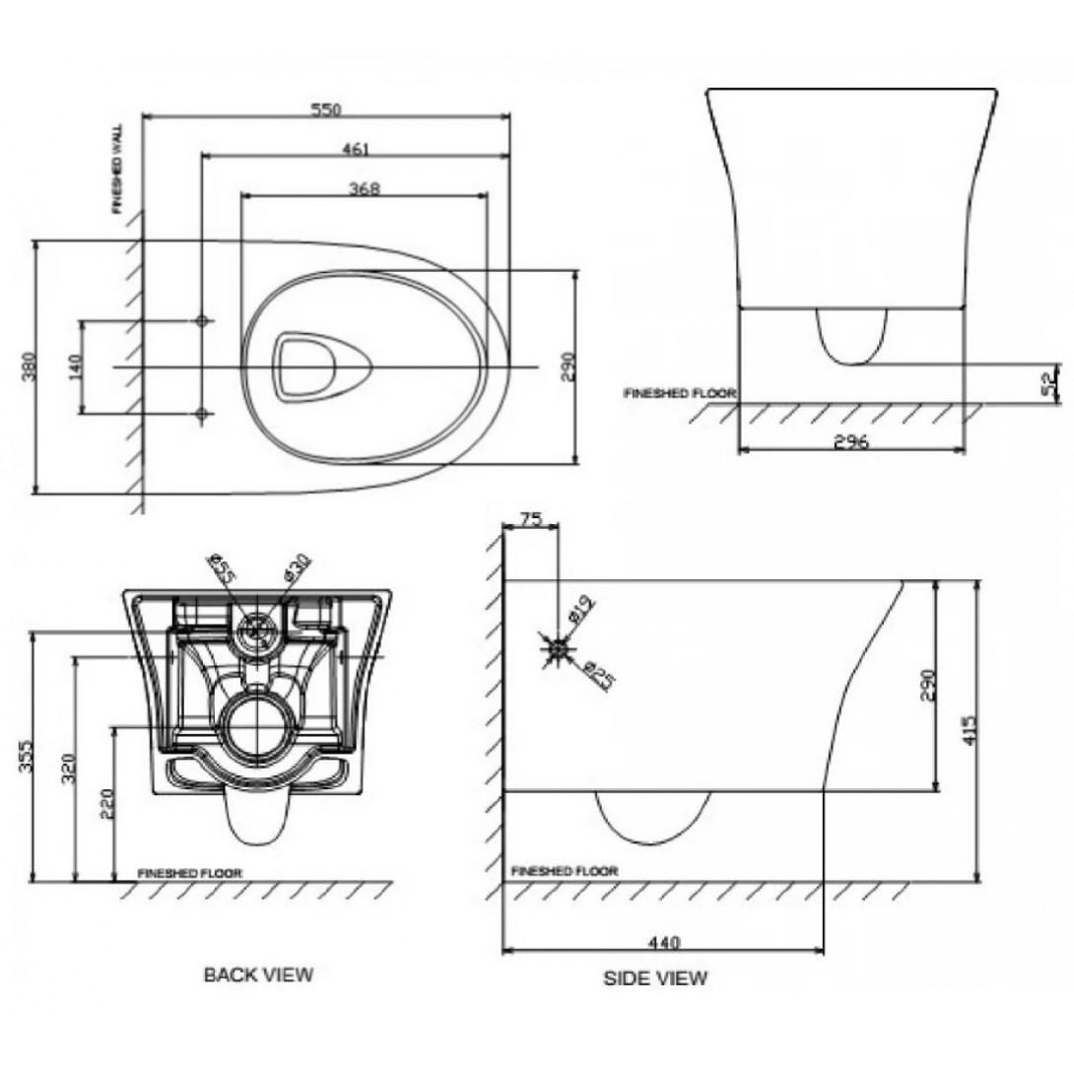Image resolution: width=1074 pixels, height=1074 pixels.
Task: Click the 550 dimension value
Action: (326, 110)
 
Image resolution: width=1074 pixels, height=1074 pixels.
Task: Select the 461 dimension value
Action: (355, 150)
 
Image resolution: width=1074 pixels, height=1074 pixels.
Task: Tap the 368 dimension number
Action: (365, 188)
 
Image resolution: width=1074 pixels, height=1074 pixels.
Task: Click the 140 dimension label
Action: (75, 367)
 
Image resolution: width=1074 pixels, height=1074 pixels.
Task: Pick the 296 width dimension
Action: (851, 442)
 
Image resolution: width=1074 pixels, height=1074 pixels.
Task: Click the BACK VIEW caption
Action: (258, 974)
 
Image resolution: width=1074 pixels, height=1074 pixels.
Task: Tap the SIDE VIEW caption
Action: (654, 978)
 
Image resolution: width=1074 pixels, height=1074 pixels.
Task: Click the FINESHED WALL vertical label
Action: (117, 169)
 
